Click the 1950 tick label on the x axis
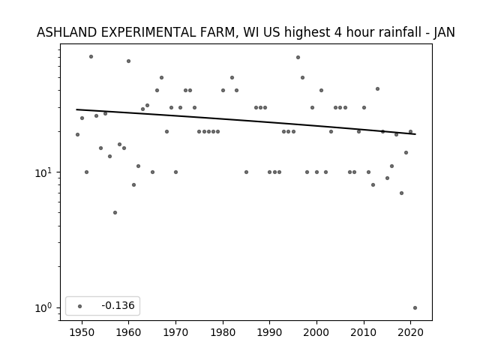click(x=82, y=332)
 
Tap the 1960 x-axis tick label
click(x=128, y=332)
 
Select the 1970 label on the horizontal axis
click(x=175, y=332)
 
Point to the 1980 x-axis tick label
click(x=223, y=332)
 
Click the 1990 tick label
click(x=270, y=332)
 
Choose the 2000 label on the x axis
click(x=316, y=332)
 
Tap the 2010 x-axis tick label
click(x=364, y=332)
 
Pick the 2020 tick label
click(x=411, y=332)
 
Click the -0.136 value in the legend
click(x=118, y=305)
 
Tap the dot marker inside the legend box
click(x=80, y=306)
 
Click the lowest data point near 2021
click(x=415, y=308)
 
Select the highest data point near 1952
click(x=91, y=57)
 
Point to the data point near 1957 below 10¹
click(x=115, y=212)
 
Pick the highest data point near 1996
click(x=298, y=57)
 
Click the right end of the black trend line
click(x=415, y=134)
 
